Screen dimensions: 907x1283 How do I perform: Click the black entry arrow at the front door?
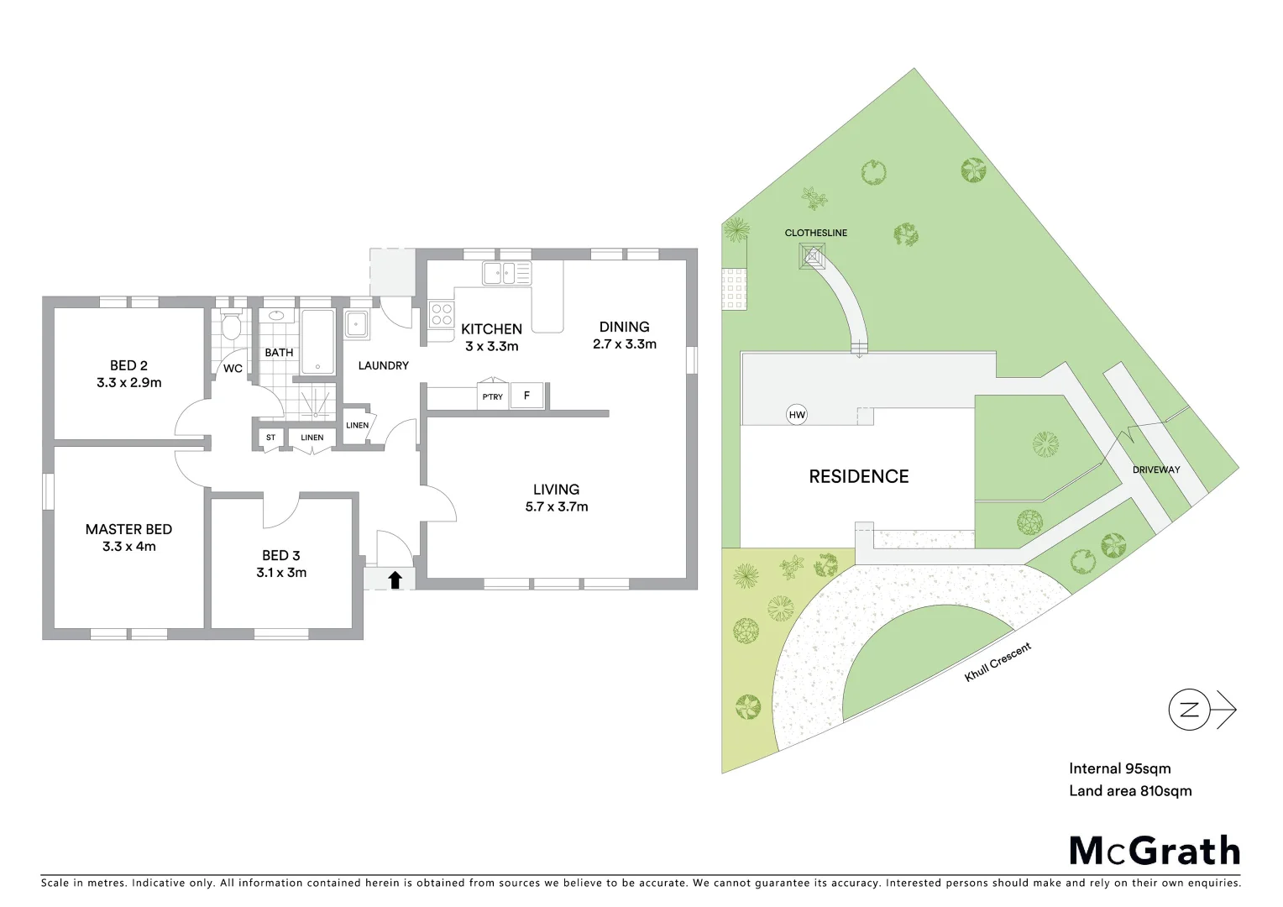[395, 579]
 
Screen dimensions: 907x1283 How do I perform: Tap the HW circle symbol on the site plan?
[797, 414]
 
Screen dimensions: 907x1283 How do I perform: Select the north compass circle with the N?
[1189, 710]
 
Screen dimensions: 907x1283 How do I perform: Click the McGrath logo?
[1155, 851]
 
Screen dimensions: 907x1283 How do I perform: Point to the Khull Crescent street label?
[998, 662]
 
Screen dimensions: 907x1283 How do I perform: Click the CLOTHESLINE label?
[815, 233]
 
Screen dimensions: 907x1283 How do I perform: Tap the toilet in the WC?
[232, 324]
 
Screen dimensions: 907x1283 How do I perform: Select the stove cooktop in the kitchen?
[442, 315]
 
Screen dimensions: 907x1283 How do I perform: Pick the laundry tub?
[357, 324]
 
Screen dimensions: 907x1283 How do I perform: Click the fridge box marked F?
[526, 396]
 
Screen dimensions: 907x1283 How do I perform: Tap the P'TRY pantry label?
[493, 396]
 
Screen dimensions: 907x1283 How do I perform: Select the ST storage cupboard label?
[270, 438]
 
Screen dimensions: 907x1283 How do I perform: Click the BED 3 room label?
[280, 555]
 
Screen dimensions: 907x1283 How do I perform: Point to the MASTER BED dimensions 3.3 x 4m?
[128, 547]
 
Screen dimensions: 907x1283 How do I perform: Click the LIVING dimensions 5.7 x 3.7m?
[556, 507]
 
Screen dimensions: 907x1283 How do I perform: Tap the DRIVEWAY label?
[1155, 469]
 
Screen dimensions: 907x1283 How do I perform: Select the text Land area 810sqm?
[1130, 790]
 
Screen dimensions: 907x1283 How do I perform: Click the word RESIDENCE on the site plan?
[858, 476]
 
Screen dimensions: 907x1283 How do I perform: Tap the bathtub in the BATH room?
[317, 343]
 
